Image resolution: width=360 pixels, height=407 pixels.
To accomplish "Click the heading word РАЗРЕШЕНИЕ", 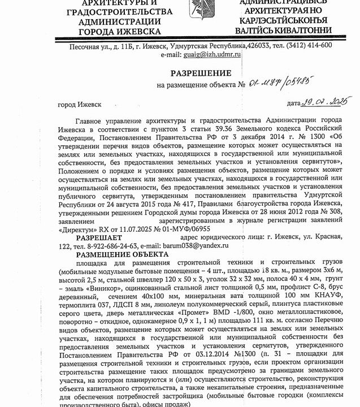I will [x=202, y=74].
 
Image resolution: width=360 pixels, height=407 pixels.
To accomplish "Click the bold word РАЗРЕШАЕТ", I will [x=99, y=239].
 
